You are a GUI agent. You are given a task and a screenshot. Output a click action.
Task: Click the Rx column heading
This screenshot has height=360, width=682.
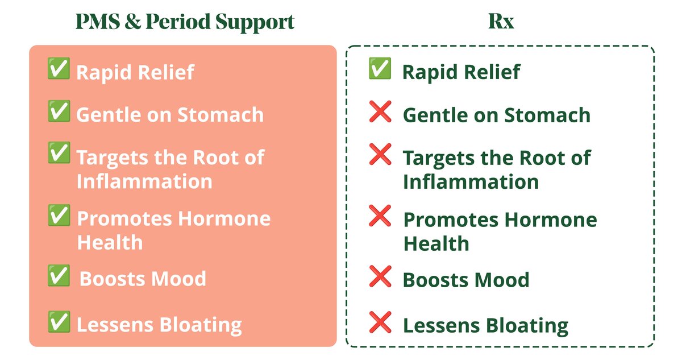click(501, 21)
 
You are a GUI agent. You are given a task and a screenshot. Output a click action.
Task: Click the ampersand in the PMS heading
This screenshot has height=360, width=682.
click(133, 21)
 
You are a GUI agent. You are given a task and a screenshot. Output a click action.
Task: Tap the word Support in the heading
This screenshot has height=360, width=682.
click(255, 23)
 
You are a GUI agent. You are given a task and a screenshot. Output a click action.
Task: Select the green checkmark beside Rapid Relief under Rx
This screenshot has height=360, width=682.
click(380, 68)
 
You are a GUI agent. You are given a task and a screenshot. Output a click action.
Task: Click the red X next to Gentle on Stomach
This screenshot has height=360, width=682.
click(380, 111)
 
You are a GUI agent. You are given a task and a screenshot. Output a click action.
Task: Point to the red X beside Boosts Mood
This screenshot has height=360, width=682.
click(380, 276)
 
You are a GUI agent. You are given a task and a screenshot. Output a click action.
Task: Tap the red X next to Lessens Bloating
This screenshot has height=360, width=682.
click(380, 322)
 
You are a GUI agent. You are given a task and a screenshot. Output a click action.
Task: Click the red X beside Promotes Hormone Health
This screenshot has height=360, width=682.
click(380, 216)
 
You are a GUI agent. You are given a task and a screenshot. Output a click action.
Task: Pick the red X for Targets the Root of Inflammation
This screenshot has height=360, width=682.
click(380, 154)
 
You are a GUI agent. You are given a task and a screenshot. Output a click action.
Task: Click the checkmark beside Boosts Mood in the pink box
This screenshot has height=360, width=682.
click(59, 275)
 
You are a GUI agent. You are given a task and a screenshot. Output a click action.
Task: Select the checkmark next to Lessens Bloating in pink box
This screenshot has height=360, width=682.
click(59, 322)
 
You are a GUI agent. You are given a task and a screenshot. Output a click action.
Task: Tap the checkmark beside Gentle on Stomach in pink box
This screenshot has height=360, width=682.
click(59, 111)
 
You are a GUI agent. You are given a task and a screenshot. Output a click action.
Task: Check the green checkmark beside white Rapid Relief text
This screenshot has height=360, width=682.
click(59, 68)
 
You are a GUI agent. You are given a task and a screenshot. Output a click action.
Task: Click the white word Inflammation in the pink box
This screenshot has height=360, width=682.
click(144, 181)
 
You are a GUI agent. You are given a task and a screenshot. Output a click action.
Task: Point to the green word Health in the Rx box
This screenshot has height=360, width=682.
click(436, 243)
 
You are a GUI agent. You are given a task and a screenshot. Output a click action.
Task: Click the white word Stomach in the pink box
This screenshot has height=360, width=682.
click(221, 115)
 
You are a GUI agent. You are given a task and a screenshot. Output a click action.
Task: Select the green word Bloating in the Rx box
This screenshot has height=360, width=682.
click(527, 326)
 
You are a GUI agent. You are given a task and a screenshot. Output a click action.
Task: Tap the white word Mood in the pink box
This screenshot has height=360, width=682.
click(178, 279)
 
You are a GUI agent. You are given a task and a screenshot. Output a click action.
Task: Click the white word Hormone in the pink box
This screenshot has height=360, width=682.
click(224, 219)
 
